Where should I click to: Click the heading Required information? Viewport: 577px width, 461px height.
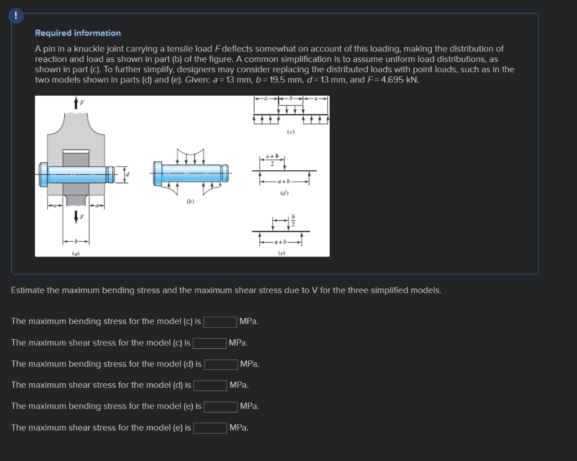pos(78,33)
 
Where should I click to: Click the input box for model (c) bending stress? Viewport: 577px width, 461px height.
pos(220,322)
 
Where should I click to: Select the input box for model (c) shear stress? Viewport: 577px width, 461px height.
pos(210,343)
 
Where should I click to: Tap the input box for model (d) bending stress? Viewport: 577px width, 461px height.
pos(221,364)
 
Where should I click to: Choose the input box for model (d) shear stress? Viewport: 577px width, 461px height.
pos(210,385)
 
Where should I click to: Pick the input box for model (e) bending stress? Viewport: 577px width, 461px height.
pos(221,406)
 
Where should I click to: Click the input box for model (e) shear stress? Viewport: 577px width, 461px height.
pos(210,428)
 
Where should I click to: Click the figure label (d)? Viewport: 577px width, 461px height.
pos(285,192)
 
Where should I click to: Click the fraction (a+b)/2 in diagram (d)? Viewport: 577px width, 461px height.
pos(272,159)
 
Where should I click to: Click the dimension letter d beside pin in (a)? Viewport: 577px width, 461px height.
pos(127,174)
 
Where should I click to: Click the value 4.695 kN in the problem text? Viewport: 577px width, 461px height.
pos(403,79)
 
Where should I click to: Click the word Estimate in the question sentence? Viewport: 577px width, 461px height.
pos(28,290)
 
